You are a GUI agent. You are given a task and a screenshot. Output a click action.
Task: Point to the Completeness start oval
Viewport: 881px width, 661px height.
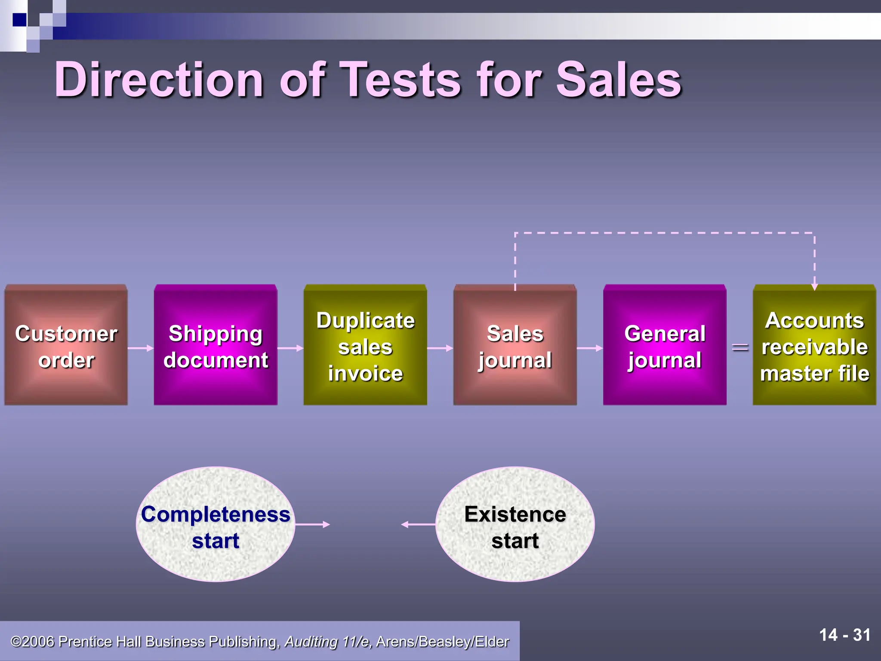[216, 524]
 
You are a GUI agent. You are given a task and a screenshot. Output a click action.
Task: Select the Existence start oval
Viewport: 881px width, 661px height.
[515, 524]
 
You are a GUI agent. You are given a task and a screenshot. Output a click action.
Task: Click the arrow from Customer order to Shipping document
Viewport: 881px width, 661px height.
[141, 348]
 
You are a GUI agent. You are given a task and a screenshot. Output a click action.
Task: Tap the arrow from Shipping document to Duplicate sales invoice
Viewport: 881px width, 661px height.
[290, 348]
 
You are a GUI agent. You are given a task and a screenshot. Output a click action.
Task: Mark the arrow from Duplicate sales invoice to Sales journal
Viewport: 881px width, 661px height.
[440, 348]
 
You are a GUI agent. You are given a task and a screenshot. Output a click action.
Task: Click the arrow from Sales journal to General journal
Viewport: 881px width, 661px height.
[590, 348]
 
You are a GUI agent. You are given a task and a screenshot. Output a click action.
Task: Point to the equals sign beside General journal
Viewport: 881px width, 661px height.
[740, 347]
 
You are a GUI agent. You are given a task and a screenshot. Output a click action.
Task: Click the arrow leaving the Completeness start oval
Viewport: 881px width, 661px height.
[313, 524]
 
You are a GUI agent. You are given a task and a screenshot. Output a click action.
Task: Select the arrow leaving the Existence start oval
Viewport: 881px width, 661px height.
[418, 524]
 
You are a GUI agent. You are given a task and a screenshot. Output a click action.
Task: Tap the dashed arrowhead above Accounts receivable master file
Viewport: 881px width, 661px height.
[814, 287]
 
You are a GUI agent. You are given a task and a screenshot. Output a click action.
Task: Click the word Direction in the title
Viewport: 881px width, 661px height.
[159, 80]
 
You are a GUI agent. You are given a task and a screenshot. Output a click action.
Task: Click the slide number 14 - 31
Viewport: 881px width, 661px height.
[844, 635]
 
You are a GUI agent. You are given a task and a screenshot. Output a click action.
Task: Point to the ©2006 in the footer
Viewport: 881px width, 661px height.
[33, 642]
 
